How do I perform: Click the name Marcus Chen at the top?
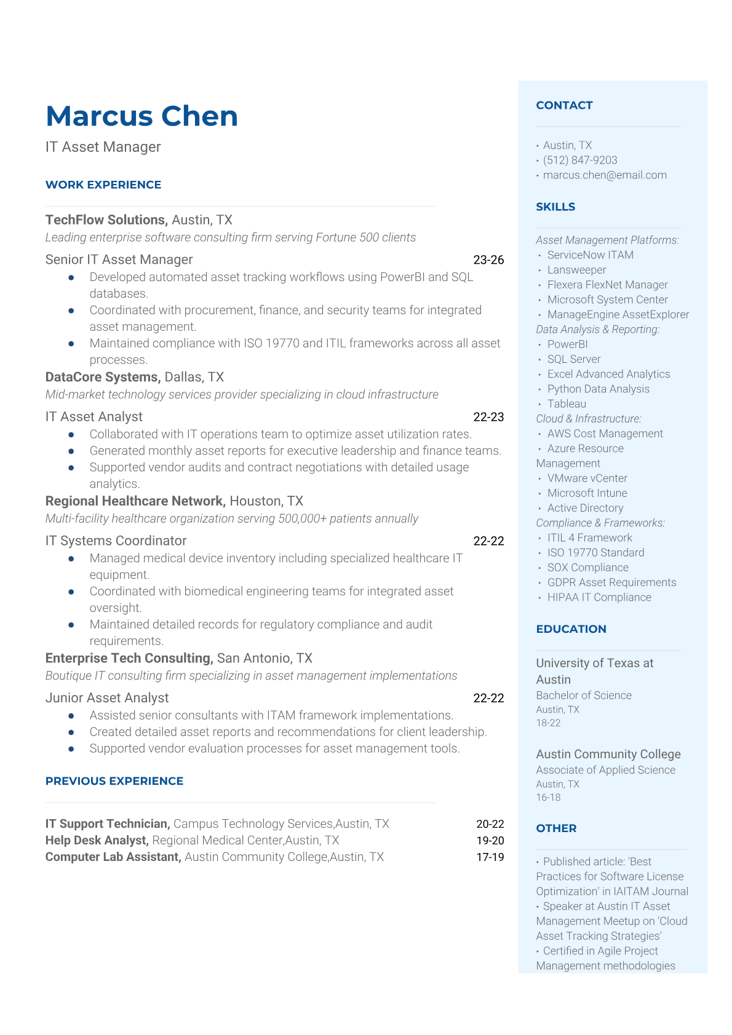pos(141,116)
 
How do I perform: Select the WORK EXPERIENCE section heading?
pos(103,185)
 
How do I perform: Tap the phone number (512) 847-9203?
pos(580,161)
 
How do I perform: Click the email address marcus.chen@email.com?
pos(605,175)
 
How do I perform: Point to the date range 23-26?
pos(488,260)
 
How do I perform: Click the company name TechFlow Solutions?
pos(106,220)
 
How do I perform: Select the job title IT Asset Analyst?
pos(94,417)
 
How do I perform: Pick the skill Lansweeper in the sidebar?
pos(576,270)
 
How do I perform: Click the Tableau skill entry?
pos(567,404)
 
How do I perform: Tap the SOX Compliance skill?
pos(587,568)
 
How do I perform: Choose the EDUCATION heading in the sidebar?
pos(571,629)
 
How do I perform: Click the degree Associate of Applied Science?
pos(605,770)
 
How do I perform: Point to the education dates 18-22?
pos(548,723)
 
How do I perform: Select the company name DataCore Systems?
pos(102,378)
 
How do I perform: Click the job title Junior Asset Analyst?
pos(107,698)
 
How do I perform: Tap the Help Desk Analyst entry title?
pos(97,841)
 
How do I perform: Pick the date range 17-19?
pos(490,857)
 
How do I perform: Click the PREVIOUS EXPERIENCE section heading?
pos(114,781)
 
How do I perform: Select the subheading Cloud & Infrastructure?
pos(588,419)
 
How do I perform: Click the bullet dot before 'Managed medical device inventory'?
pos(71,558)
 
